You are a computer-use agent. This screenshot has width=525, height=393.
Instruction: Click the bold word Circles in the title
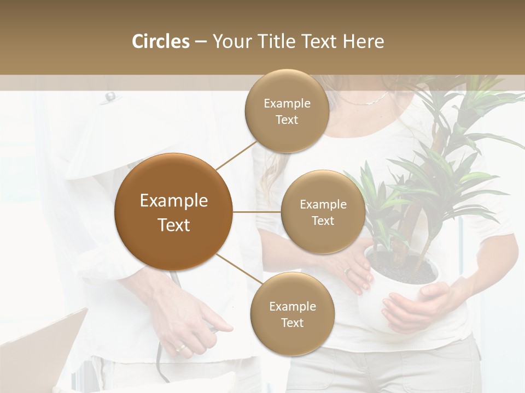160,41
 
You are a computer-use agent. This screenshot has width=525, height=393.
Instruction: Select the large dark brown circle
173,212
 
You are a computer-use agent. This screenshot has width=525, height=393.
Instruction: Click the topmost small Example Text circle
287,111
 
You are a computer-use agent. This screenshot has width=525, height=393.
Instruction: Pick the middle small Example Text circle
323,212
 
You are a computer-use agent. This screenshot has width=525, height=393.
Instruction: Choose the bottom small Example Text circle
292,314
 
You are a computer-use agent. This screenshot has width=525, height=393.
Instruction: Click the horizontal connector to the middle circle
257,212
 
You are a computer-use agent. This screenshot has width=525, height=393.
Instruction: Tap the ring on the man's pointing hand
180,347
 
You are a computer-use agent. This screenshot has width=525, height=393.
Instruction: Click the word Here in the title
363,41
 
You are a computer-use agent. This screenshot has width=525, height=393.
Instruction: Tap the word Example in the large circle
173,201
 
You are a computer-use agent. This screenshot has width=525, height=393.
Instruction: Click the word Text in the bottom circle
292,323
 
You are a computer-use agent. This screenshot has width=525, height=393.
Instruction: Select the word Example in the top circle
287,104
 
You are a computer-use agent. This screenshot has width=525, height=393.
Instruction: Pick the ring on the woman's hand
347,271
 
